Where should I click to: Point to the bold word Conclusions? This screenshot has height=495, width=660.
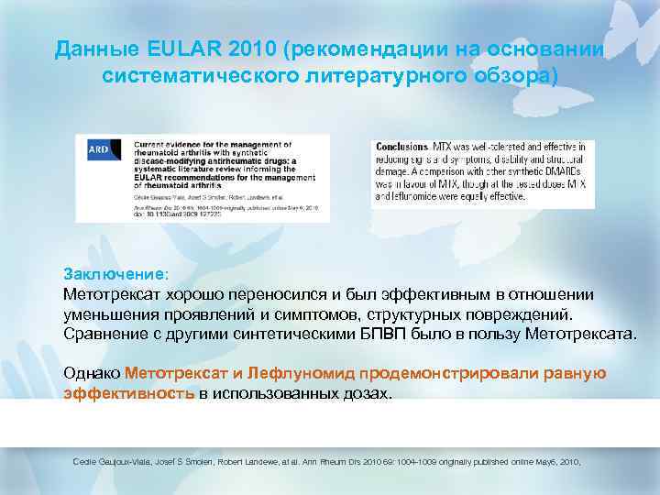pos(401,147)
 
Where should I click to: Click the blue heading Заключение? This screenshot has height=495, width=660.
pos(116,273)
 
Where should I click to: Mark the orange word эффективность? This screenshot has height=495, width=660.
pos(128,394)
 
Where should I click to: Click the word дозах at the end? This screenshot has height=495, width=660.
pos(365,394)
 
